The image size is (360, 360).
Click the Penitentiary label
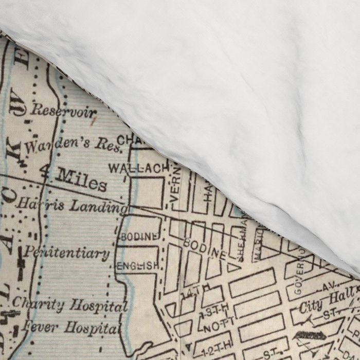point(67,253)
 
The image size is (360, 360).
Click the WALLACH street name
point(138,168)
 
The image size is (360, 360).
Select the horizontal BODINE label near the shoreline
point(138,236)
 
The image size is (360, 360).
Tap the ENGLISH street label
point(137,266)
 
